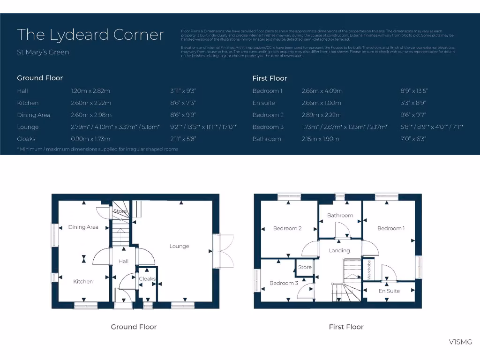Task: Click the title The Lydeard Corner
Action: point(90,35)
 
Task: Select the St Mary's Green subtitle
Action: point(43,52)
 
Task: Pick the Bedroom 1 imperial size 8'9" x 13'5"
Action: point(412,91)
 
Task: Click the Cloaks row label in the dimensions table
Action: point(26,139)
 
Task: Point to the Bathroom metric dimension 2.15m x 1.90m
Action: point(320,139)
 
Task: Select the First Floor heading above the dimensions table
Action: point(270,78)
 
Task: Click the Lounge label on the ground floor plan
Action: point(179,246)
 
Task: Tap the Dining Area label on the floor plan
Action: point(83,227)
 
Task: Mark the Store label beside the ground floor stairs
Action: point(120,211)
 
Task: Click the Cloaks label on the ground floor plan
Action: point(147,279)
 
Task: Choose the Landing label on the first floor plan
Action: point(339,250)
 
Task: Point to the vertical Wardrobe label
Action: point(369,270)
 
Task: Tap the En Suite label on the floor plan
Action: point(389,291)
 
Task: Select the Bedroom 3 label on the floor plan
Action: point(284,283)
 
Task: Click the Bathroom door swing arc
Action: point(343,230)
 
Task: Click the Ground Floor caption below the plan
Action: point(134,327)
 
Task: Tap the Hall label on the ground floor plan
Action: point(123,261)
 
